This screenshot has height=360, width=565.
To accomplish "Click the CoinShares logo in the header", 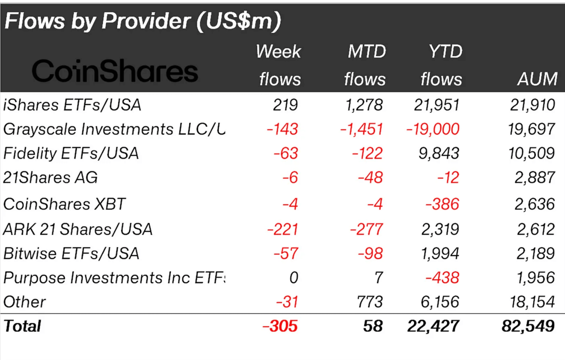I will point(115,71).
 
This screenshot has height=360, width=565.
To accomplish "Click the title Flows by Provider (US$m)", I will point(142,21).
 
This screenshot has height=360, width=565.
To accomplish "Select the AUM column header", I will point(537,79).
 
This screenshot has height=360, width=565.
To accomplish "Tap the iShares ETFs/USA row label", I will point(72,105).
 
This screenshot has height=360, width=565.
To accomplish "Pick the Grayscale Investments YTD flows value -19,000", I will point(433,129).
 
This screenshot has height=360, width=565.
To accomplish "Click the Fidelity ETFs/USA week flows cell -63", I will point(286,153).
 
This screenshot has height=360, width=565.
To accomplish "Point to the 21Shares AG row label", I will point(50,178).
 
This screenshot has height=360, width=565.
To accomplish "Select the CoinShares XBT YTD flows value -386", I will point(442,204).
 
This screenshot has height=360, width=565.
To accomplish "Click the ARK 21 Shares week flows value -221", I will point(282,229).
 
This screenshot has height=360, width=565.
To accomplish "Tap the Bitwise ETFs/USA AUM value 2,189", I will point(535,253).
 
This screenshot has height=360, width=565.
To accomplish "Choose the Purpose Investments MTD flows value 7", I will point(379,278).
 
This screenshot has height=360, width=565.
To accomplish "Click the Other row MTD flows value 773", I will point(370,302).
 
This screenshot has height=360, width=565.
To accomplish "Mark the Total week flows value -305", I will point(280,326).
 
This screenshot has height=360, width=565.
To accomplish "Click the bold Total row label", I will point(22,326).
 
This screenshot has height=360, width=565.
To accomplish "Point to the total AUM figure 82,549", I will point(528,326).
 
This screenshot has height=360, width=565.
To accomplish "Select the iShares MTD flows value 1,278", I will point(364,105).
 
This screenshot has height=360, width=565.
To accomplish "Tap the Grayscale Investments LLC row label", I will point(114,129).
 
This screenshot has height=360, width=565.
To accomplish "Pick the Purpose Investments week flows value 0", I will point(294,278).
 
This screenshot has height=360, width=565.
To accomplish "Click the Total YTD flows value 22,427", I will point(433,326).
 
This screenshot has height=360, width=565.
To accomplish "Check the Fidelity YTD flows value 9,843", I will point(439,153).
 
